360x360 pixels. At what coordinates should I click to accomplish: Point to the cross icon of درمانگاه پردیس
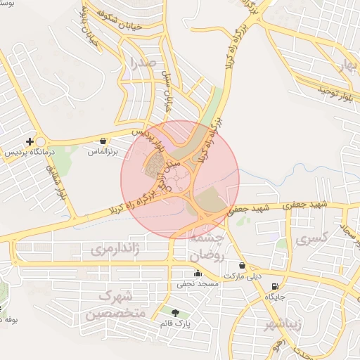30,141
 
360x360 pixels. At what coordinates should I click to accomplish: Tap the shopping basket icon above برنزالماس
104,141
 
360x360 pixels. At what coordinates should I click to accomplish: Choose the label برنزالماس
103,151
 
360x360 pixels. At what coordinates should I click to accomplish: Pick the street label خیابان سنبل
168,91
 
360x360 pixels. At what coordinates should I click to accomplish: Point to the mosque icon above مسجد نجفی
198,273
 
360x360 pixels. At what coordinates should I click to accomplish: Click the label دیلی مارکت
242,276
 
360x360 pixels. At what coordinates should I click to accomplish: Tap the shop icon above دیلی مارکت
243,266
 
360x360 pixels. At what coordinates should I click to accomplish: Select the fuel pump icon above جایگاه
274,287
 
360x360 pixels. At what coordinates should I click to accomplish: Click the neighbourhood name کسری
313,240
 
